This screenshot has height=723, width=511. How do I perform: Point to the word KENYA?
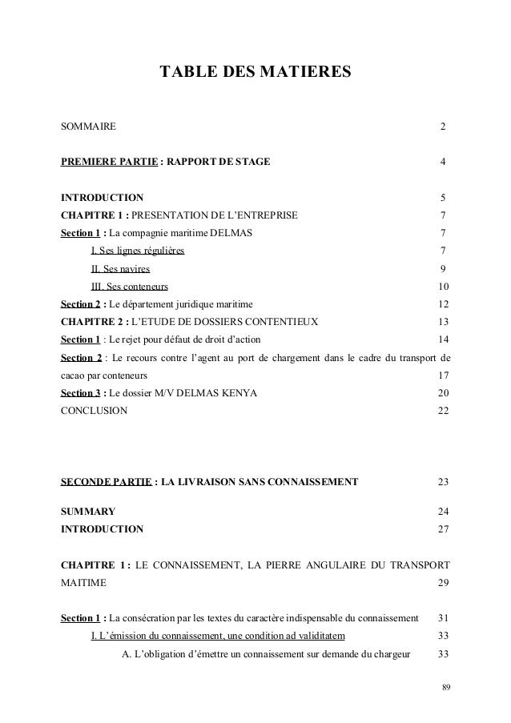[236, 392]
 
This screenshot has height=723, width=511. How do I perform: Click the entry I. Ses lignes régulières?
[138, 251]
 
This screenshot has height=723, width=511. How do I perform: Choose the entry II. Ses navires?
[120, 268]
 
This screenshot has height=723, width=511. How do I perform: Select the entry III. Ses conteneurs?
[129, 287]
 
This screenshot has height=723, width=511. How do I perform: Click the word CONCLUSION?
[93, 410]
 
